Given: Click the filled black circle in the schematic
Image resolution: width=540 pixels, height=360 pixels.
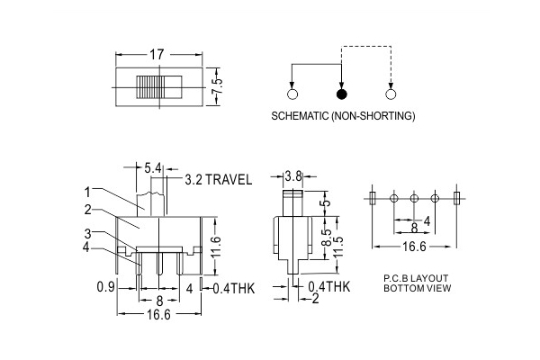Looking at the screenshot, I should (x=341, y=94).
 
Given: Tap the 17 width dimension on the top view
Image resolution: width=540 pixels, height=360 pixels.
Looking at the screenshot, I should (x=157, y=55).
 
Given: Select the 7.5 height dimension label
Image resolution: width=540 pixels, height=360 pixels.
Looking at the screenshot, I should (x=216, y=87).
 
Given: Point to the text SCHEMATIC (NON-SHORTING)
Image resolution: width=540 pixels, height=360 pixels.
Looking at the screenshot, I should (x=342, y=117).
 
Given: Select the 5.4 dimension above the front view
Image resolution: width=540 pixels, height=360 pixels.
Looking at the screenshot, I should (x=153, y=168).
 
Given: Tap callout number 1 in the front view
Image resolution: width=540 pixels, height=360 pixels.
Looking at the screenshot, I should (x=87, y=191).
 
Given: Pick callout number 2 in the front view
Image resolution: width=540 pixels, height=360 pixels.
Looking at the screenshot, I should (x=87, y=210).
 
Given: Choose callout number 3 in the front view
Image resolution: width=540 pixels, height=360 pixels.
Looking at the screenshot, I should (x=87, y=234).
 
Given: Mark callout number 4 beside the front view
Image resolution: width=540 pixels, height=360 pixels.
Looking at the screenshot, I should (x=87, y=247).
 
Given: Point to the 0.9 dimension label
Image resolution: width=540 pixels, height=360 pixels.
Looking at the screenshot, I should (x=104, y=288).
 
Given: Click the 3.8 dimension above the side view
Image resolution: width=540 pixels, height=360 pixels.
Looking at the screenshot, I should (x=292, y=175).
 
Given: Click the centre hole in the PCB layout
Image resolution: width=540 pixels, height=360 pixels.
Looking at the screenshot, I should (x=414, y=197).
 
